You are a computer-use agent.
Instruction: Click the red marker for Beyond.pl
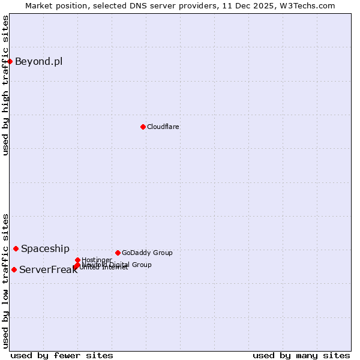[10, 61]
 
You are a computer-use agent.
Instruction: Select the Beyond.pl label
[38, 61]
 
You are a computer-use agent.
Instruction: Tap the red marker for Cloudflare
[143, 127]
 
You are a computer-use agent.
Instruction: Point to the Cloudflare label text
[163, 127]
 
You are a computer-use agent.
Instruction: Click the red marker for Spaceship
[16, 248]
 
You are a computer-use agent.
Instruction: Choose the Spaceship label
[45, 248]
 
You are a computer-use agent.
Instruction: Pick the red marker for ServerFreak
[14, 269]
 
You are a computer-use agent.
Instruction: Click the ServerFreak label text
[48, 269]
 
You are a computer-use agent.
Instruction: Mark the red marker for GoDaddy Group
[118, 253]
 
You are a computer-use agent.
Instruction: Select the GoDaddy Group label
[147, 253]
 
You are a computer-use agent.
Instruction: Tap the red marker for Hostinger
[77, 260]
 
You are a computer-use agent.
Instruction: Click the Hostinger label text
[97, 260]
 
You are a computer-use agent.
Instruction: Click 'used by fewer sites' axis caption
[62, 355]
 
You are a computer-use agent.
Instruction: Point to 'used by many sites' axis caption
[301, 355]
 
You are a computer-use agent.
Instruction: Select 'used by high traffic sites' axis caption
[5, 85]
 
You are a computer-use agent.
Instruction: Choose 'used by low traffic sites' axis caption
[5, 280]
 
